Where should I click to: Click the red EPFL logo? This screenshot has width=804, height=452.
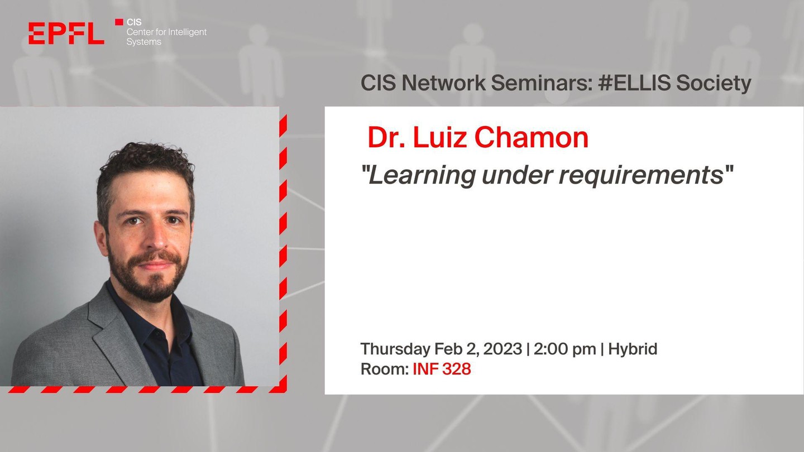point(66,33)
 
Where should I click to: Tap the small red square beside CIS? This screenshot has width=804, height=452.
point(119,22)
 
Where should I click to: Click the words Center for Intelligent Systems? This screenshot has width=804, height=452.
point(166,37)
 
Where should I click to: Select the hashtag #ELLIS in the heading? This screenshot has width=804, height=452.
point(634,83)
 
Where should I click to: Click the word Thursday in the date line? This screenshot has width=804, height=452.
point(395,349)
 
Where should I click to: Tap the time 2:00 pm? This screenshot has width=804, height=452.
point(564,349)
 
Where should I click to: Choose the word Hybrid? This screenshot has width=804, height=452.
point(633,349)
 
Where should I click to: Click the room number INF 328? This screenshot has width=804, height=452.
point(442,369)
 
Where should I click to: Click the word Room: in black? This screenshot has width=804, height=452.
point(384,369)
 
